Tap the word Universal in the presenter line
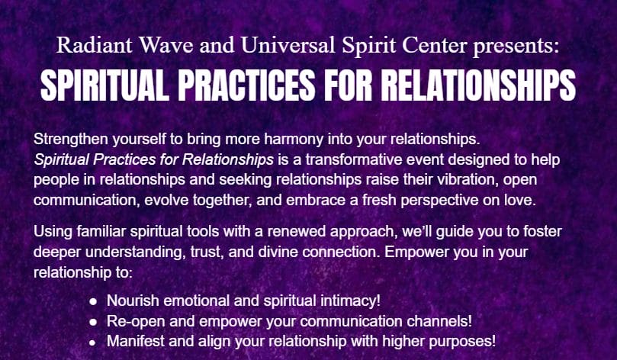288,45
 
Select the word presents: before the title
516,47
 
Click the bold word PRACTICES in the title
246,85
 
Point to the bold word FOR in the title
349,85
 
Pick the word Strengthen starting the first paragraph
70,140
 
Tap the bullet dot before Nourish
93,301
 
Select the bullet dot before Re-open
93,322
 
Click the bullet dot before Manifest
93,342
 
